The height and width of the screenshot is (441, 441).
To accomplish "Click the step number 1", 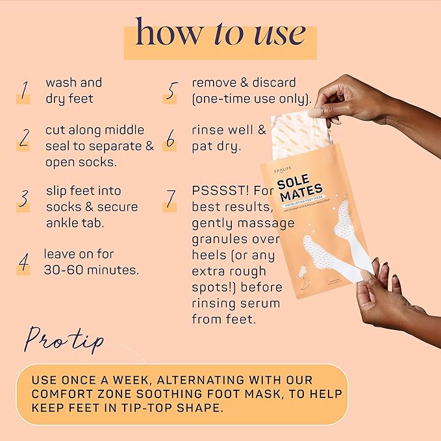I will (24, 91).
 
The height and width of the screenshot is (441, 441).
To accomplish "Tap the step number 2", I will (24, 138).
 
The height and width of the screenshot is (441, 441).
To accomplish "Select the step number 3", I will (24, 198).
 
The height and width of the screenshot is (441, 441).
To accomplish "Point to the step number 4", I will (24, 261).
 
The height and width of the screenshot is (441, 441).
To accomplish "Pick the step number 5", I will (171, 91).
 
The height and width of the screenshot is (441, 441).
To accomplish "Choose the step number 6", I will (171, 138).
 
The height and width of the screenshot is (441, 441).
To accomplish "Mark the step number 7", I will (171, 198).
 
